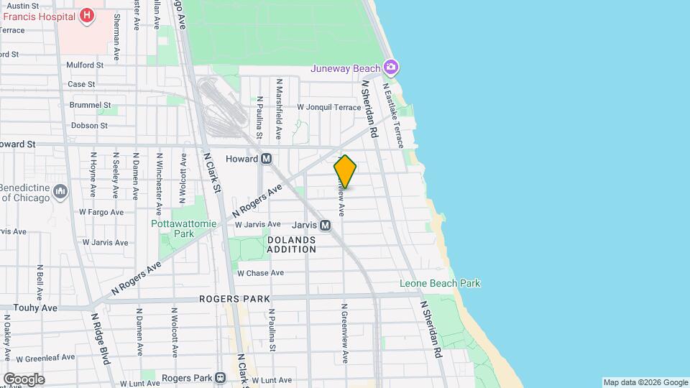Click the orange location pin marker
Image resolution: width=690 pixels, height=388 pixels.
point(345,172)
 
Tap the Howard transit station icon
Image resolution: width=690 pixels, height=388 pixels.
point(266,159)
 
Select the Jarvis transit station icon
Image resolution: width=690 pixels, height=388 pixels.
point(325,226)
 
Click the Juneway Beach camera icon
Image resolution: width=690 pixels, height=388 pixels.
point(391,68)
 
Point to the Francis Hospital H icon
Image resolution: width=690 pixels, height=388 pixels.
point(87,14)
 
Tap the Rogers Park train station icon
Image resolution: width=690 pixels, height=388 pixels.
point(221,378)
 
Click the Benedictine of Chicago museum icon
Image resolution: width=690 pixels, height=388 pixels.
point(60,191)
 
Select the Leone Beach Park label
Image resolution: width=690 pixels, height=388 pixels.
point(440,283)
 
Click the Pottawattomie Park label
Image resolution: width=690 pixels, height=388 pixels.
point(183,228)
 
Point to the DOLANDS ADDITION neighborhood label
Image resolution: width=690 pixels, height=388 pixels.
point(291,244)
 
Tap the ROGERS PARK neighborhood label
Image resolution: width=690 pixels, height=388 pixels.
point(234,299)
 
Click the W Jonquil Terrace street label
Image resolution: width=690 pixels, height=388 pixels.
point(329,107)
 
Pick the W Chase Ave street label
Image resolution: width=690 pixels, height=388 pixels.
point(260,273)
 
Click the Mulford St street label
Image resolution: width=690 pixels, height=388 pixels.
point(85,65)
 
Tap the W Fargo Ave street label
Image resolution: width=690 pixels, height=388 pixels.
point(101,212)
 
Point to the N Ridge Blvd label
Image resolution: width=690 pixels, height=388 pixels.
point(100,338)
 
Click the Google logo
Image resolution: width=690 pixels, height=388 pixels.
point(24,379)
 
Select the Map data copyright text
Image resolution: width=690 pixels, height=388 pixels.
point(645,382)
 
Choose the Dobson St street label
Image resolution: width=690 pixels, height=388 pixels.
point(89,125)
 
